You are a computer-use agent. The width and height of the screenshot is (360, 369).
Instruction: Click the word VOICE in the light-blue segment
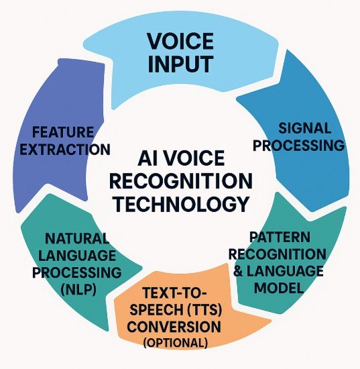click(180, 41)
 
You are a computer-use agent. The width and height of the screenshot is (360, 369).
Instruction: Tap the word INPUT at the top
click(180, 64)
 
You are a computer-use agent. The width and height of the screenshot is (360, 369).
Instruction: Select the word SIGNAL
click(305, 128)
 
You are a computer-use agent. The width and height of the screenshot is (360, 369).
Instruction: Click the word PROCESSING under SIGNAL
click(298, 146)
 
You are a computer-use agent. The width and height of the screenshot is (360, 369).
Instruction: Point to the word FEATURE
click(63, 132)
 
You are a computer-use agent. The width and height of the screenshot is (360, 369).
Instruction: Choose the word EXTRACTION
click(65, 150)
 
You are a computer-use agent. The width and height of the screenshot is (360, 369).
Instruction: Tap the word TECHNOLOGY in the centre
click(181, 204)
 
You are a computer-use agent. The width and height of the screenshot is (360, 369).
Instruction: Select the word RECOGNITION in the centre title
click(181, 181)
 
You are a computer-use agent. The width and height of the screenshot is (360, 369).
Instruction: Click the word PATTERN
click(280, 237)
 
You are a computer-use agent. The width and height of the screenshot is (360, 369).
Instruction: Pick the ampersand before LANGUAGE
click(239, 271)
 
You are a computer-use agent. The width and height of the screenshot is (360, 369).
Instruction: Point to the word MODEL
click(279, 288)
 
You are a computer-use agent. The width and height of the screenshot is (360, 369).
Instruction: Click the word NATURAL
click(77, 238)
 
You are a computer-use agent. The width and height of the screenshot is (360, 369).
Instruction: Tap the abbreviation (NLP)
click(78, 290)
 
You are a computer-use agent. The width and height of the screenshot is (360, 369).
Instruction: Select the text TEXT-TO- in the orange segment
click(174, 293)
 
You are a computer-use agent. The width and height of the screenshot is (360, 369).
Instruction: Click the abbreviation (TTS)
click(205, 310)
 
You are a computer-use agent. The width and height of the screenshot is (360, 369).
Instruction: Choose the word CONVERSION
click(174, 327)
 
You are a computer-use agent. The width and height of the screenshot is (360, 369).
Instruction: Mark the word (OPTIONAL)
click(176, 343)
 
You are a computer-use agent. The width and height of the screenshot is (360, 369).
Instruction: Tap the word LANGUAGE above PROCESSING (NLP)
click(77, 256)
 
